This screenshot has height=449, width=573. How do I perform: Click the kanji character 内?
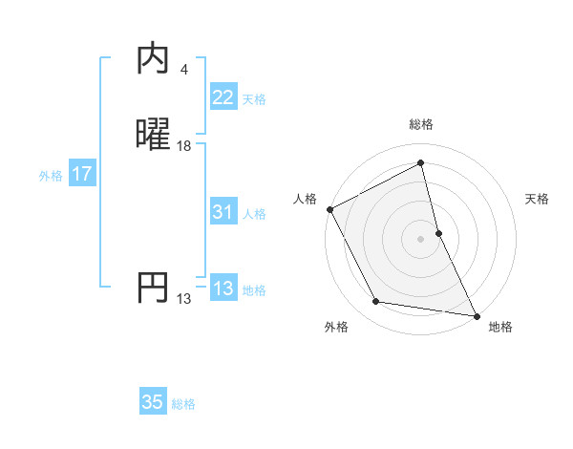(154, 59)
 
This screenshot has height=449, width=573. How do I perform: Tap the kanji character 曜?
(154, 136)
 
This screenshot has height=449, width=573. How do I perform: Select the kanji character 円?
(154, 288)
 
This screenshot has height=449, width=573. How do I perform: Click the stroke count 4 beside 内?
(183, 70)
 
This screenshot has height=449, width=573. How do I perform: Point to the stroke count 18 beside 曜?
(184, 146)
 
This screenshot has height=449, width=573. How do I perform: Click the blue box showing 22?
(223, 97)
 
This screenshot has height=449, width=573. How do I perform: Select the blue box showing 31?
(223, 213)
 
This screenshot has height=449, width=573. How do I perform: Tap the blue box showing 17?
(82, 175)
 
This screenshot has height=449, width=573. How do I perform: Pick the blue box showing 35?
(153, 402)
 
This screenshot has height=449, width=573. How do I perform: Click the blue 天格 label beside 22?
(254, 99)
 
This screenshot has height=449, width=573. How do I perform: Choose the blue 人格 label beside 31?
(254, 214)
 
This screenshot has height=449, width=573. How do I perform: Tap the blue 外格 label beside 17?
(51, 176)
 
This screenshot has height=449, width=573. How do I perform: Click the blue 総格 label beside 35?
(183, 404)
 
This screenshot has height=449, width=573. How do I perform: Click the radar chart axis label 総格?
(421, 124)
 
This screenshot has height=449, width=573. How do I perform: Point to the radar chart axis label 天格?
(538, 199)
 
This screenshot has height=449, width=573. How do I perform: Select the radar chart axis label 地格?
(500, 327)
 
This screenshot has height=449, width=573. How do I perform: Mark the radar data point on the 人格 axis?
(329, 208)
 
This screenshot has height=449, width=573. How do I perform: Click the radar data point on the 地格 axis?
(477, 315)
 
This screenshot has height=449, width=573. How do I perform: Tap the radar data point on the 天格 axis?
(438, 232)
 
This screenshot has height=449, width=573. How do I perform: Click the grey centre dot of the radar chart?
(421, 238)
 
